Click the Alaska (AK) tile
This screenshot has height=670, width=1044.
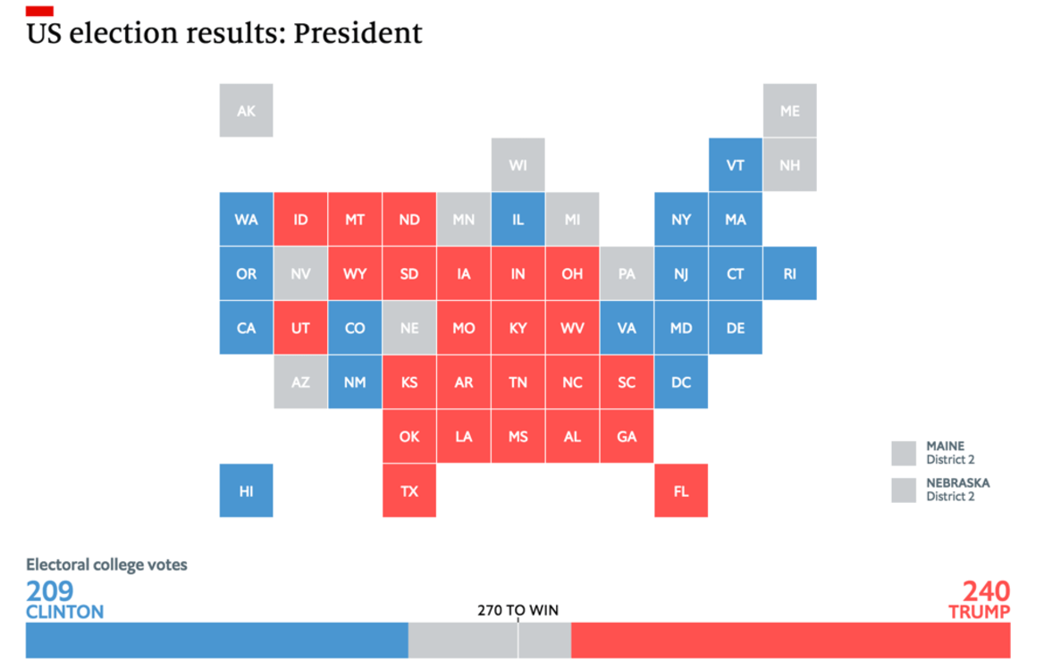pos(246,111)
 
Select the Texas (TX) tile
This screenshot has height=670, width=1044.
pos(409,490)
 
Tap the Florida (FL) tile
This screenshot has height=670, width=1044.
pos(681,490)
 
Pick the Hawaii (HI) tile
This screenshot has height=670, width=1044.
pos(246,490)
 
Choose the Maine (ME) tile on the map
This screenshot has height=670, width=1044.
pos(789,111)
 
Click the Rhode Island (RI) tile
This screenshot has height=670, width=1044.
pos(789,273)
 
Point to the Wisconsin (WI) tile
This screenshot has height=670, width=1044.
pos(518,165)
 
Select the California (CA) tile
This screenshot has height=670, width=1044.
pos(246,328)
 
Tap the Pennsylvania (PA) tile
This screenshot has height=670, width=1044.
pos(627,273)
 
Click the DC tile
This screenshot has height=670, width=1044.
pos(681,382)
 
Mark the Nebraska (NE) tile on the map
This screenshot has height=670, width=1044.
pos(409,328)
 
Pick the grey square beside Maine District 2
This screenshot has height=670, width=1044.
pos(904,453)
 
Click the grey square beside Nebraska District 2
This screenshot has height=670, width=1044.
pos(904,490)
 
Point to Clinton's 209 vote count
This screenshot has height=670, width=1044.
pos(50,591)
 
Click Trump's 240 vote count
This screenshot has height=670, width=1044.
pos(986,591)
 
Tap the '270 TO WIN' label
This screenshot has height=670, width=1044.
pos(518,611)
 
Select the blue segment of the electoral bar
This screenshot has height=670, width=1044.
pos(216,641)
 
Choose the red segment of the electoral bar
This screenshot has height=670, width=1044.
pos(790,641)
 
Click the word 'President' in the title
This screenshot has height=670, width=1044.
pos(358,34)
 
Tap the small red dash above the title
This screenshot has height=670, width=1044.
pos(39,11)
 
